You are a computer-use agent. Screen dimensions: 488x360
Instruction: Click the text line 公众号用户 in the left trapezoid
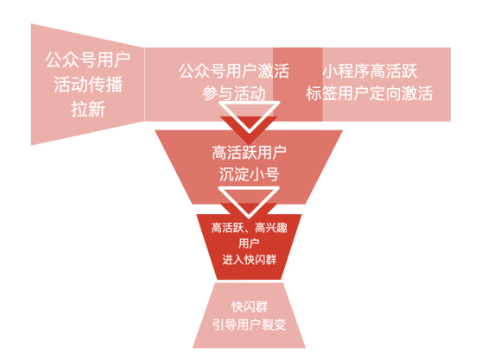87,60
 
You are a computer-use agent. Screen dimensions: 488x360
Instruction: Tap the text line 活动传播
88,84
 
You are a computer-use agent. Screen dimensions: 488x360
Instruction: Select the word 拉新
88,109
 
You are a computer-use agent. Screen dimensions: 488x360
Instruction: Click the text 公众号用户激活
234,71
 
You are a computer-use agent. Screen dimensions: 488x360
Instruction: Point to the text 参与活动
234,93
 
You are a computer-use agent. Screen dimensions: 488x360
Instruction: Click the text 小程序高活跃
370,71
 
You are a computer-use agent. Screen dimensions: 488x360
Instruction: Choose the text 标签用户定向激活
370,93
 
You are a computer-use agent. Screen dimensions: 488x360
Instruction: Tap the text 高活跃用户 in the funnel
249,153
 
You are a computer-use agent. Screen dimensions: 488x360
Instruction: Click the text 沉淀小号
249,174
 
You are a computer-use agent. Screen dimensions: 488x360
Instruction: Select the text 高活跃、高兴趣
249,228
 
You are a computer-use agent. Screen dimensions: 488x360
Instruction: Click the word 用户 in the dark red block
249,243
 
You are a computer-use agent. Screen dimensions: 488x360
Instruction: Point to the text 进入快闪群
249,260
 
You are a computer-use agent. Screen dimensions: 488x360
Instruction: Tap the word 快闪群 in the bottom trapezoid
250,306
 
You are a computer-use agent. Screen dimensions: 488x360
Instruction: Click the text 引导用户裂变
250,325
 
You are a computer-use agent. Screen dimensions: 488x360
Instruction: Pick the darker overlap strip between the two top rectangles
298,85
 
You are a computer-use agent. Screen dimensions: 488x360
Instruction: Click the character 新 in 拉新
97,109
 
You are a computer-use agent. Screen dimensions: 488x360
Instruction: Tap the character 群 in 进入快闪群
270,260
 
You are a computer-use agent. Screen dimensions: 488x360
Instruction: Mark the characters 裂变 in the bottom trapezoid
274,325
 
